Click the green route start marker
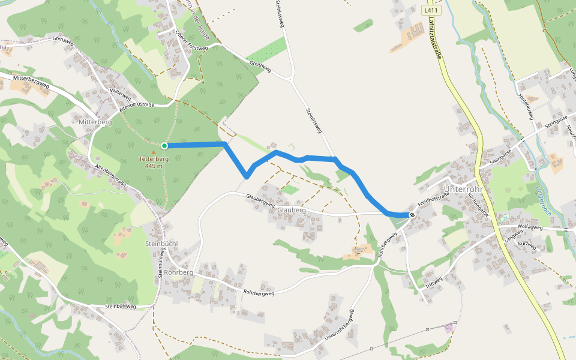(164, 145)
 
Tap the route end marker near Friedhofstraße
(412, 215)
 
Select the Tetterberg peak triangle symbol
(154, 152)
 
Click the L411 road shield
(429, 10)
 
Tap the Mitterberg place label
(95, 122)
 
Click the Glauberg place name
(292, 211)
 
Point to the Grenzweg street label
(62, 40)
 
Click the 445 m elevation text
(154, 166)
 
